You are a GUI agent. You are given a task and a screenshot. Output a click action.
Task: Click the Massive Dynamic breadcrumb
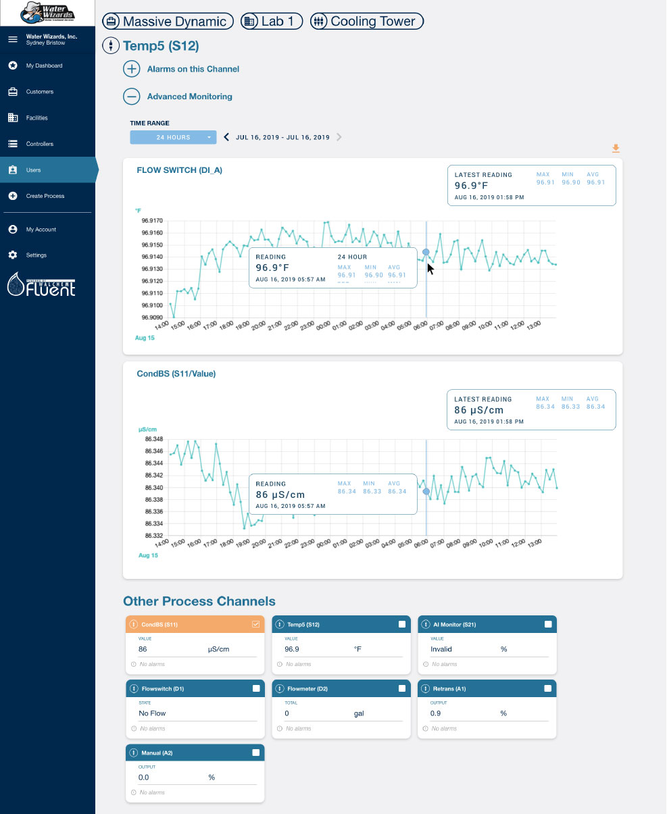pos(168,22)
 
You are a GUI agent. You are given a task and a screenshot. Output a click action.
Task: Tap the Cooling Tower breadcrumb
pos(366,22)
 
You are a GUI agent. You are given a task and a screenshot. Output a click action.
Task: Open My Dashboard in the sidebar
pos(44,66)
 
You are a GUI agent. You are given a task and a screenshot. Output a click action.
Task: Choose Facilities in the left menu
pos(37,118)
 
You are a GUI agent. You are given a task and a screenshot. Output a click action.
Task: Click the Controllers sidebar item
pos(39,144)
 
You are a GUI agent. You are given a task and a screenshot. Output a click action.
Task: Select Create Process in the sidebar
pos(45,196)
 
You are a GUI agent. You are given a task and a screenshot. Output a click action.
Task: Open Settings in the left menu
pos(36,255)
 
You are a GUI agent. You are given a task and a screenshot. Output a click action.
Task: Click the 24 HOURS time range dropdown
pos(173,137)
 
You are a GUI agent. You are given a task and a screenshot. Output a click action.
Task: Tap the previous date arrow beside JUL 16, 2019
pos(226,137)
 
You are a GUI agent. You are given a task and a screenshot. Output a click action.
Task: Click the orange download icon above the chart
pos(615,149)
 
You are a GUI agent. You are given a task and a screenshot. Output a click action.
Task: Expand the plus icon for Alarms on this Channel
pos(132,69)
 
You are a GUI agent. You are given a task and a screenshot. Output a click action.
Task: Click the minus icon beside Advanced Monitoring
pos(132,97)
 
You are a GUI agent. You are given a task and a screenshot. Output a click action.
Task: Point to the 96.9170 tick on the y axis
pos(151,220)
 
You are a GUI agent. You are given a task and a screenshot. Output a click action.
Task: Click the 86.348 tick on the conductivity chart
pos(153,439)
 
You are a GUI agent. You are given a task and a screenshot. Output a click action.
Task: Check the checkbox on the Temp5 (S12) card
pos(402,624)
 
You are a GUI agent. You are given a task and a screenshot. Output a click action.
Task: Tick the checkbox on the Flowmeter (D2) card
pos(402,688)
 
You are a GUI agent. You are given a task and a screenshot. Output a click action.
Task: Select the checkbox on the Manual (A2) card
pos(255,753)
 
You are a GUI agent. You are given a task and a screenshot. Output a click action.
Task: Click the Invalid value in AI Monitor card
pos(441,649)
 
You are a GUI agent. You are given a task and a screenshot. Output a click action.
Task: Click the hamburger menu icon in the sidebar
pos(12,39)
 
